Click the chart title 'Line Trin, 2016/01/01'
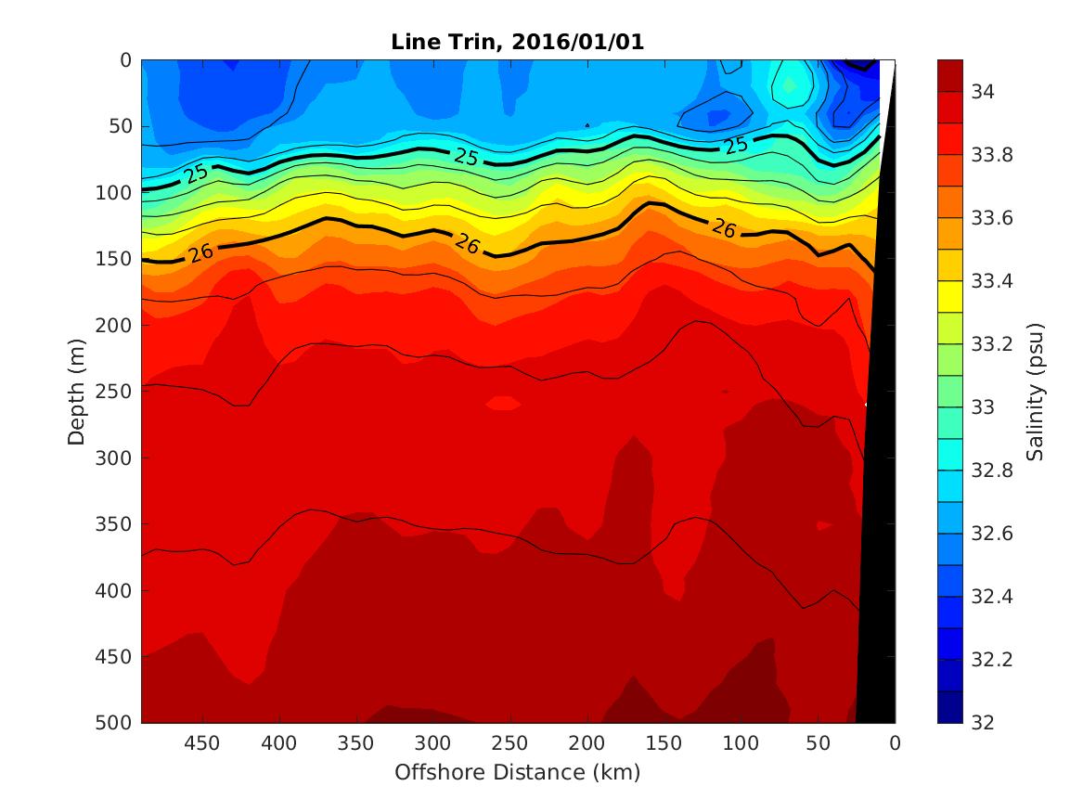pyautogui.click(x=517, y=42)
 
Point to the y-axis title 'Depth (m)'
pyautogui.click(x=78, y=391)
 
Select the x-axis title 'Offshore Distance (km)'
pyautogui.click(x=517, y=772)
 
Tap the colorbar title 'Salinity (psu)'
pyautogui.click(x=1037, y=391)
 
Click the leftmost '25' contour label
pyautogui.click(x=196, y=173)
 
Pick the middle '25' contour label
pyautogui.click(x=467, y=157)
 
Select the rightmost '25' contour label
pyautogui.click(x=736, y=145)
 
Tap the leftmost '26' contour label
pyautogui.click(x=197, y=252)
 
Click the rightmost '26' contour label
pyautogui.click(x=723, y=227)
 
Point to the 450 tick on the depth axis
pyautogui.click(x=117, y=657)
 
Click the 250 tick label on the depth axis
pyautogui.click(x=117, y=392)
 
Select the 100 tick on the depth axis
pyautogui.click(x=117, y=193)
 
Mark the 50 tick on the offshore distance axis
pyautogui.click(x=819, y=743)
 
